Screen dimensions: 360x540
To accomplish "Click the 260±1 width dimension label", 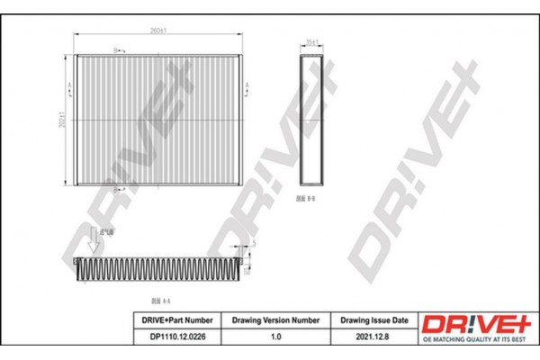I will tap(158, 31).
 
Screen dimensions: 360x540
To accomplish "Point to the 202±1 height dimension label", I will tap(61, 120).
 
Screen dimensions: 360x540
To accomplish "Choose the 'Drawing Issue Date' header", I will tap(373, 320).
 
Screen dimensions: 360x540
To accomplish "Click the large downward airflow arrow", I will tap(93, 239).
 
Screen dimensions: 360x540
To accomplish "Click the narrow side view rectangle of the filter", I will tap(311, 117).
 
